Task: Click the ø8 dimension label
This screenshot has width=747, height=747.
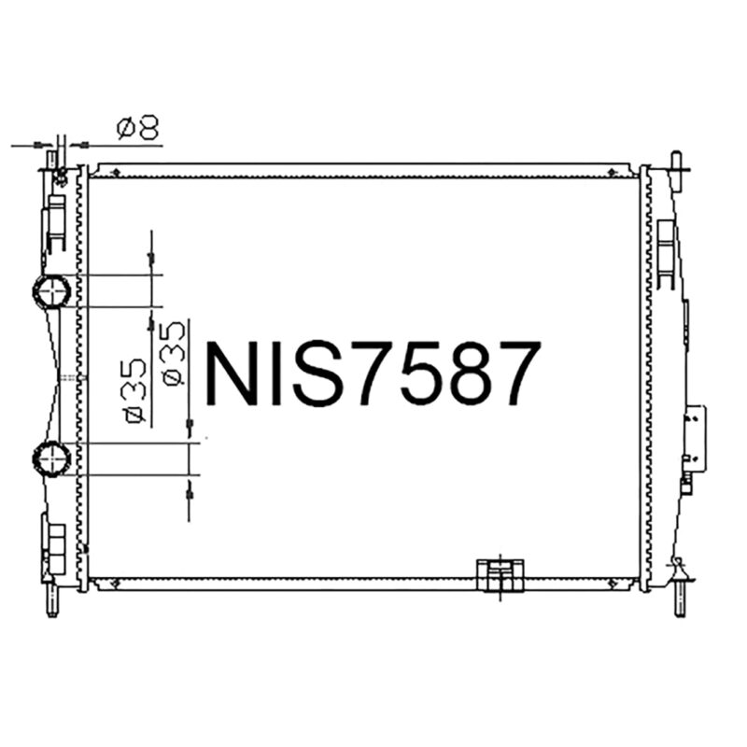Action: coord(137,129)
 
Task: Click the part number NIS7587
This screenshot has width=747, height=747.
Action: coord(373,373)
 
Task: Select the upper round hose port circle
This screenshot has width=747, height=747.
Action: coord(51,290)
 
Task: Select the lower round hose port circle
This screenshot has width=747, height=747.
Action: coord(51,458)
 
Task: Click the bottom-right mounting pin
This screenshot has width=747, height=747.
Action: coord(681,596)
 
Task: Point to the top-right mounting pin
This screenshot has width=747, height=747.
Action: coord(676,164)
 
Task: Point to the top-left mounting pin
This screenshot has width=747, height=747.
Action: coord(50,161)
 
